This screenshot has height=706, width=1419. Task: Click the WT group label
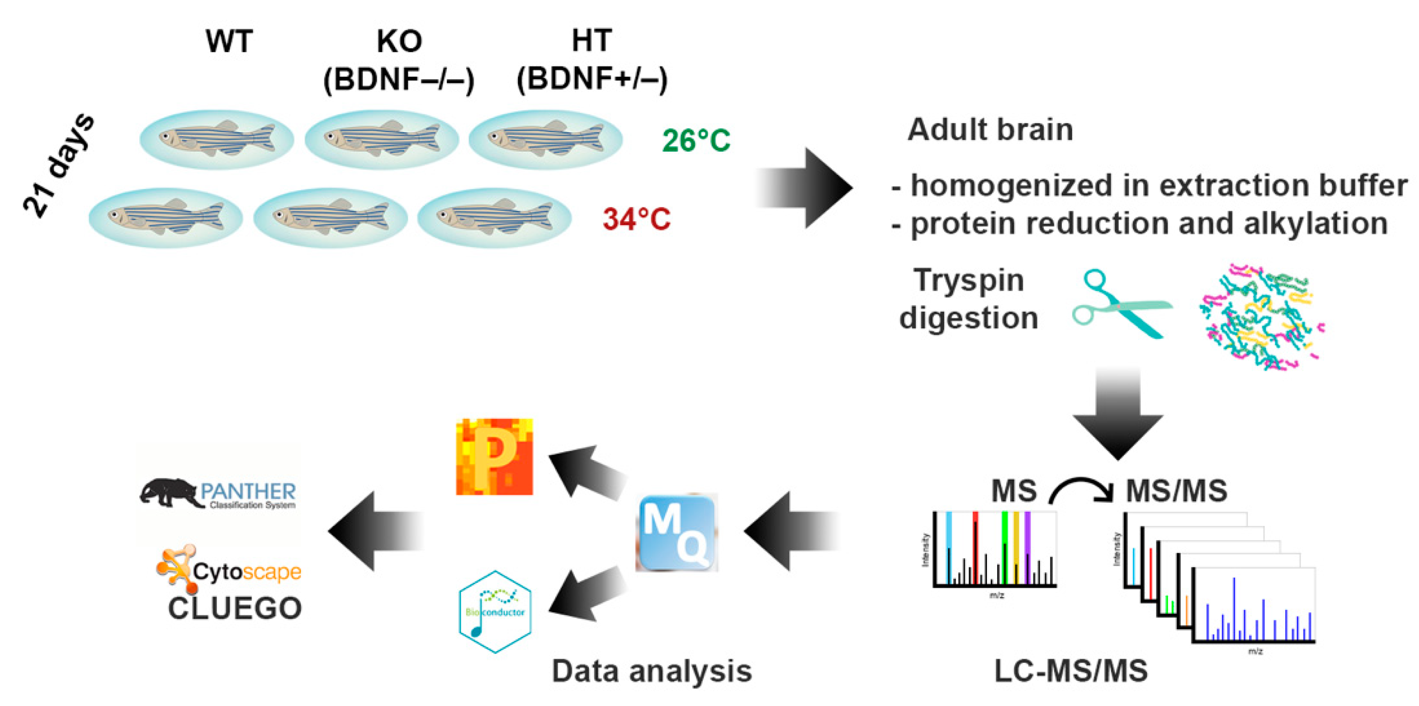229,41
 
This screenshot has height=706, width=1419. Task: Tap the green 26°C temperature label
696,140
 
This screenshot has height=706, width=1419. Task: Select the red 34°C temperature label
636,219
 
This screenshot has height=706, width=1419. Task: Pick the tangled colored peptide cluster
1261,316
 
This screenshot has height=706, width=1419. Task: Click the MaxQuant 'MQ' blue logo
677,532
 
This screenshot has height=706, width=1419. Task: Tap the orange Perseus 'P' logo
494,457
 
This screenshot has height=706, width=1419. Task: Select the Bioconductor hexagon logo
495,611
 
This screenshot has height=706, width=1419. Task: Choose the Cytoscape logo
229,570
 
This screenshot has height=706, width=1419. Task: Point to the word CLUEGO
235,608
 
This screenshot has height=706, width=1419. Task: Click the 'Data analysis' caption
651,671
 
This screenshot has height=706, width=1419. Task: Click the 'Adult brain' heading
990,130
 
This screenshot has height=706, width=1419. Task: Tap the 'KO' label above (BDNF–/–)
399,41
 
